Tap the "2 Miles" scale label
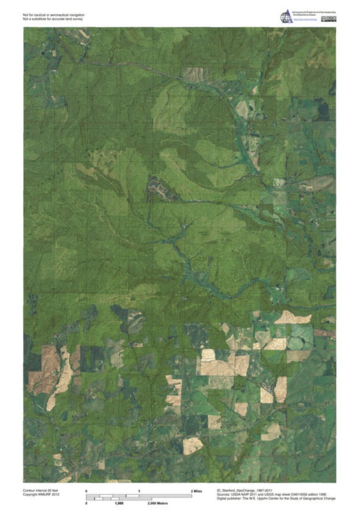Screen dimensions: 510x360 196,490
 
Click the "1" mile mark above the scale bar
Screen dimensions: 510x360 140,490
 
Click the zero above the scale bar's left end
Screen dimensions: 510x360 87,490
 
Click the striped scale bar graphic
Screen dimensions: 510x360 140,496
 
